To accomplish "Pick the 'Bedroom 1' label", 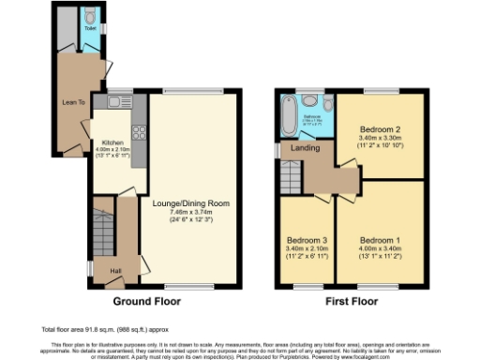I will coord(380,238).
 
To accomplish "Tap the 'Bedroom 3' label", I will coord(305,238).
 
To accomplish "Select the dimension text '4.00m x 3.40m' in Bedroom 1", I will coord(380,247).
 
